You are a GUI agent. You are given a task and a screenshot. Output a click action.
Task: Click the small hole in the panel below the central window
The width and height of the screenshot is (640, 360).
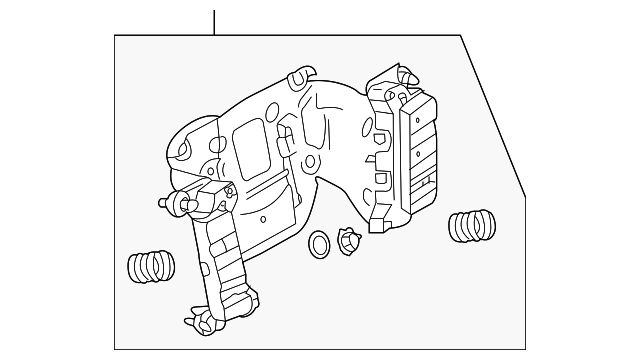tap(261, 217)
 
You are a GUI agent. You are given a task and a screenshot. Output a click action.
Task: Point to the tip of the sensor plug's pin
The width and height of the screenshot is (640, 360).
tap(162, 203)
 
